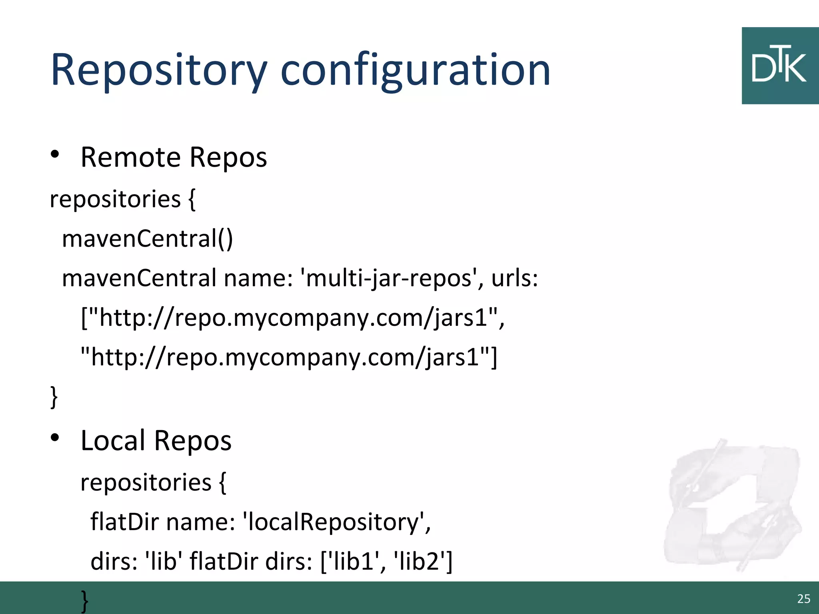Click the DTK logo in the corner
click(x=780, y=66)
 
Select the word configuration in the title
click(x=415, y=70)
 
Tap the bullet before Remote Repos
click(x=55, y=154)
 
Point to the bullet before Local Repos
click(x=55, y=438)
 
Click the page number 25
click(x=803, y=598)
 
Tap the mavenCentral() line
click(x=147, y=239)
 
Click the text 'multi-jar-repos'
click(x=388, y=278)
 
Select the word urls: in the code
click(x=515, y=278)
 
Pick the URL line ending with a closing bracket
click(x=289, y=357)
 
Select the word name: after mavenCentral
click(x=258, y=278)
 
